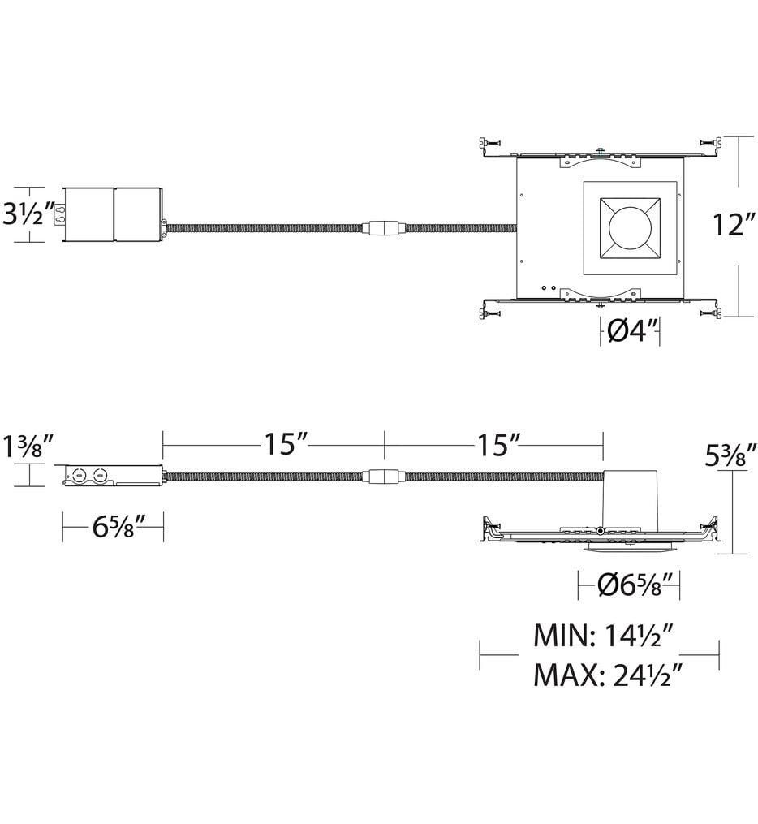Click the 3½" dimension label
pos(28,215)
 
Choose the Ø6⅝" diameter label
pos(628,584)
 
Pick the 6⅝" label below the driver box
pos(114,528)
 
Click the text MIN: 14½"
pos(605,636)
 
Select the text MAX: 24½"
pos(605,674)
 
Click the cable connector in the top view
pos(384,228)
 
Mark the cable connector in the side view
pos(384,477)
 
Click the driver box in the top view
pos(114,214)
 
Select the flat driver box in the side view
pos(114,476)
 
